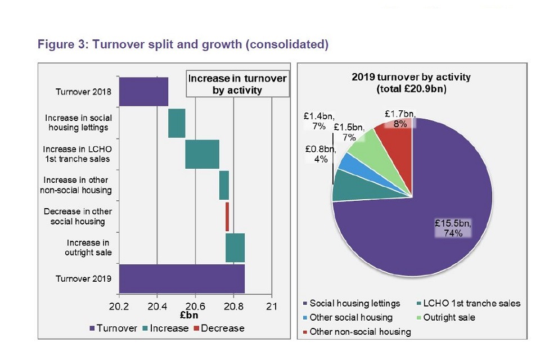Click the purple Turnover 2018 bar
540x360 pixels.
pos(143,92)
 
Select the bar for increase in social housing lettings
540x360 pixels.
pos(177,123)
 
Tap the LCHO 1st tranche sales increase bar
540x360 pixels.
pos(202,154)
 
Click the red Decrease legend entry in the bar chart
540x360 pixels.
pos(219,328)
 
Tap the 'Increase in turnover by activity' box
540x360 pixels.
pos(237,84)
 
